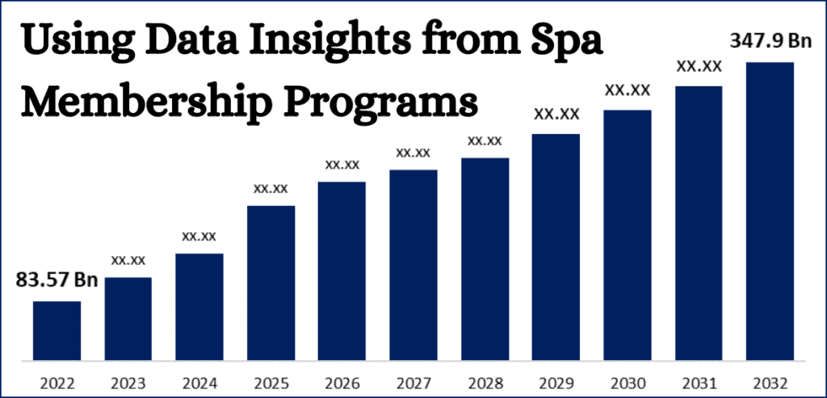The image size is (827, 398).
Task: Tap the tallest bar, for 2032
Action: click(770, 211)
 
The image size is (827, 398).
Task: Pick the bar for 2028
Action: click(485, 258)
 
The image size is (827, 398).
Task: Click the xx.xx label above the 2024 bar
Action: click(199, 237)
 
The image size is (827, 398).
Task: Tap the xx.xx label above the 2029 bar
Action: click(556, 115)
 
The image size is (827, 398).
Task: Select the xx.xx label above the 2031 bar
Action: click(699, 67)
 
